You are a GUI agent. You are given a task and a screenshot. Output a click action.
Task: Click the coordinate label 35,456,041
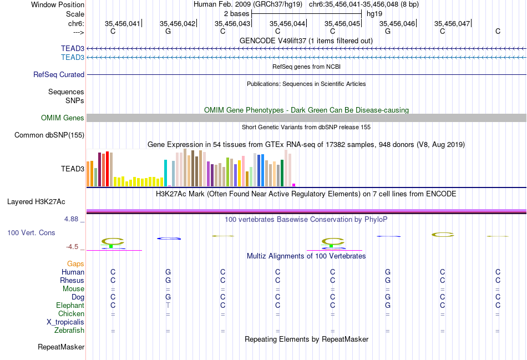[x=123, y=23]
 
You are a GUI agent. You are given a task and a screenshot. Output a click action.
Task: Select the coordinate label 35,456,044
[x=287, y=23]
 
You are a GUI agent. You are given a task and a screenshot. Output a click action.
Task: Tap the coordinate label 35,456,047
[x=452, y=23]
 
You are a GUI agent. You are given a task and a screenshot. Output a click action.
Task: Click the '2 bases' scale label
[x=237, y=13]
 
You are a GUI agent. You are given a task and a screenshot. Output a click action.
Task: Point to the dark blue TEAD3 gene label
[x=73, y=49]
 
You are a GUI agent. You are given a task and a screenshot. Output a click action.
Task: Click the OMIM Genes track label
[x=63, y=118]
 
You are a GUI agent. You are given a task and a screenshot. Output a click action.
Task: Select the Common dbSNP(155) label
[x=49, y=135]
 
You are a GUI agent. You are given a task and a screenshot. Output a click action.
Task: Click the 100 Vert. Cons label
[x=31, y=232]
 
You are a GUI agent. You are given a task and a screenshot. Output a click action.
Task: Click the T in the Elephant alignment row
[x=168, y=306]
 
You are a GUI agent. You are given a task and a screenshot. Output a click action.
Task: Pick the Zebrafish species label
[x=69, y=331]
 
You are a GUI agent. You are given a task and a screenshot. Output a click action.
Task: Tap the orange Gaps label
[x=75, y=264]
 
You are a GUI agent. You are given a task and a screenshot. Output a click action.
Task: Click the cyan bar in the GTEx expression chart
[x=165, y=173]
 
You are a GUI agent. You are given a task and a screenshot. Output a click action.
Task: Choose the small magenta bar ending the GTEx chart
[x=293, y=185]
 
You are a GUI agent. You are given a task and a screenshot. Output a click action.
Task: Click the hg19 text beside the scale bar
[x=374, y=13]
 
